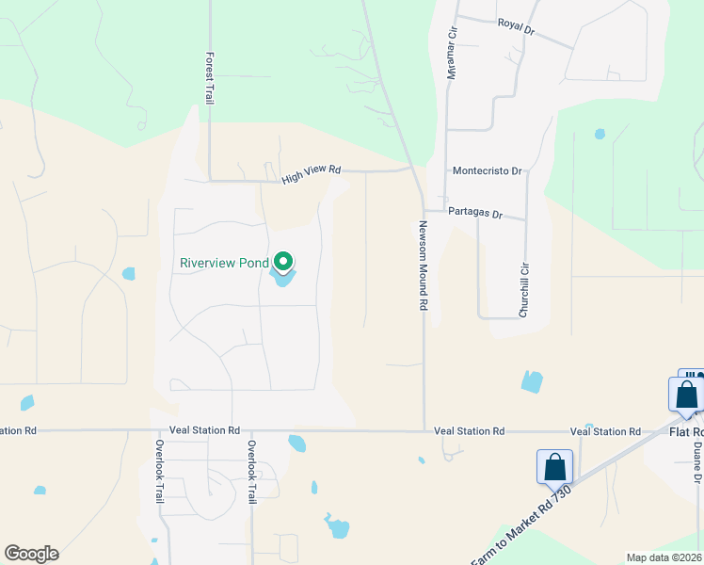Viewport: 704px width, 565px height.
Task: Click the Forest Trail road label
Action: [209, 77]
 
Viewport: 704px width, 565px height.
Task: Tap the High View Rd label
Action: [311, 173]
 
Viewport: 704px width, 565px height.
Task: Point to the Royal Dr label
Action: [516, 26]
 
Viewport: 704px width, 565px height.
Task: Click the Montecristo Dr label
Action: [487, 171]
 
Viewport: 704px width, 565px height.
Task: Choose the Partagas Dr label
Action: [486, 214]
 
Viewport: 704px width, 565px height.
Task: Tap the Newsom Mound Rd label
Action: [424, 266]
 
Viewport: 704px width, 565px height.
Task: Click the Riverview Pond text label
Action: [224, 264]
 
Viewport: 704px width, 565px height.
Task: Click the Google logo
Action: [31, 554]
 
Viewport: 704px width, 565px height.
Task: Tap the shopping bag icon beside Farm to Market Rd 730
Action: [555, 467]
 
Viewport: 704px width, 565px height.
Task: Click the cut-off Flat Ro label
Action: [685, 432]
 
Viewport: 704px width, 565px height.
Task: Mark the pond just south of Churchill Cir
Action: [532, 381]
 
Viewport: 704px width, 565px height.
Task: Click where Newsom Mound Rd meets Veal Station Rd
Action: [424, 431]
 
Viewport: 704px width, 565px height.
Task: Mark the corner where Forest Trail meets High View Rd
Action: [209, 179]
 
